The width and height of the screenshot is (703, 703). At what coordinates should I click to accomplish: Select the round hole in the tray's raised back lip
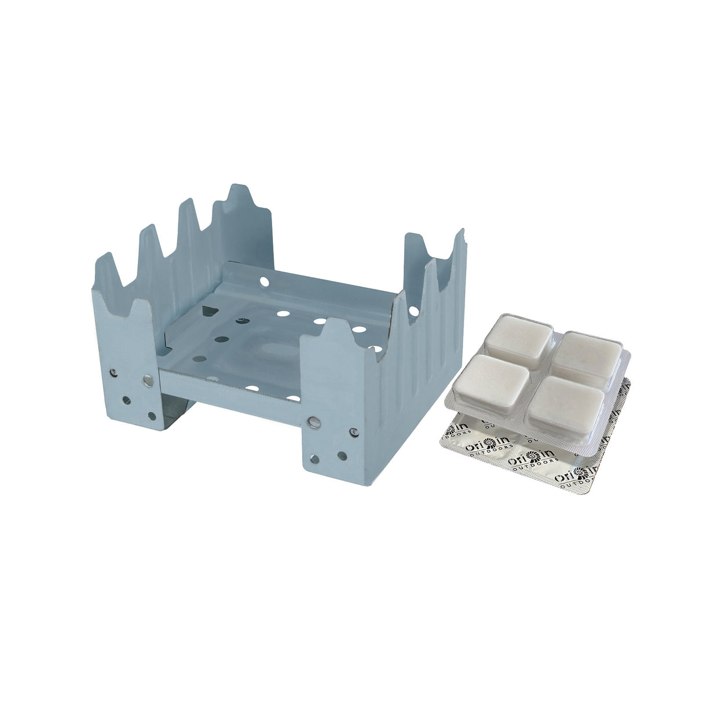pyautogui.click(x=265, y=283)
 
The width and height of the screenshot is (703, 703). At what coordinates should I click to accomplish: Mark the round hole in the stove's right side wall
pyautogui.click(x=412, y=312)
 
